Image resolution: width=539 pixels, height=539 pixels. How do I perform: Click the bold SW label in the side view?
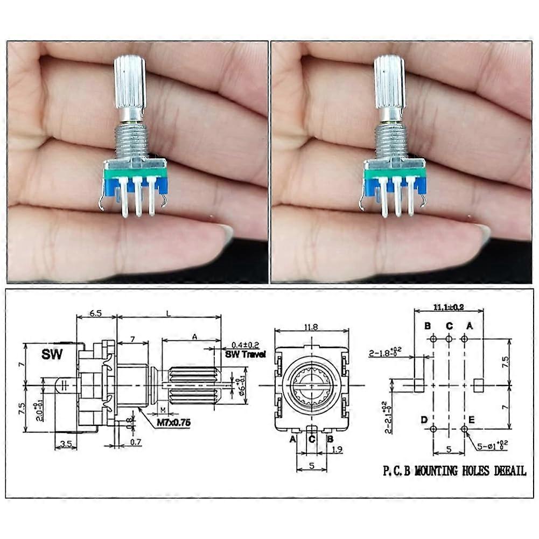(52, 355)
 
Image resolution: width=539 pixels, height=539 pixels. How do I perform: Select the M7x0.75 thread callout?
(173, 423)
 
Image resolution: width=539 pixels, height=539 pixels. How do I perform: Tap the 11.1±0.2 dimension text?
(449, 307)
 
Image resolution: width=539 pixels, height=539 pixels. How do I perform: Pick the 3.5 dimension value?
(66, 444)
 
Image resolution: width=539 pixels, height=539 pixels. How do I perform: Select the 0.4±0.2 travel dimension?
(246, 345)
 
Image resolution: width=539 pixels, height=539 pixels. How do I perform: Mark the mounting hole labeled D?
(433, 429)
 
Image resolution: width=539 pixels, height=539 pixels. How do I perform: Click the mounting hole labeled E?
(464, 429)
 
